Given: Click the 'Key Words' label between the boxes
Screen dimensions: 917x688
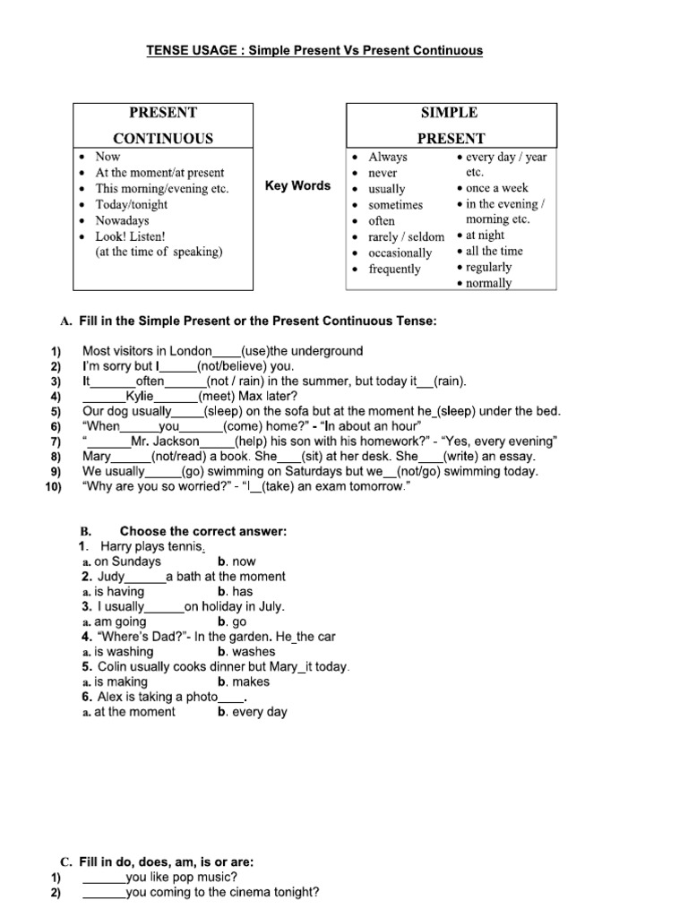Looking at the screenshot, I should (298, 186).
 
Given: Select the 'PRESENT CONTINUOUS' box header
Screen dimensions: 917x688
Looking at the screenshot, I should (163, 125).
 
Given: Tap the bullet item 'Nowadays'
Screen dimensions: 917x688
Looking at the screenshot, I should (122, 220).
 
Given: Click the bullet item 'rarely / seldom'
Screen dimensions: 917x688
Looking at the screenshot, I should (406, 236).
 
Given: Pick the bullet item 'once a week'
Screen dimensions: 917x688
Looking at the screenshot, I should (497, 188).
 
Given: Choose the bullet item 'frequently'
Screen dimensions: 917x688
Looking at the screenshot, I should (394, 269).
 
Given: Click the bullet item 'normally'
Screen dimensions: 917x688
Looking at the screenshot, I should (489, 283).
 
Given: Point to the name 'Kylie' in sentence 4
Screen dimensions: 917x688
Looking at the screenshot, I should (140, 396).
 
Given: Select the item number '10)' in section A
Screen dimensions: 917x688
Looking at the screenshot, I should (52, 487).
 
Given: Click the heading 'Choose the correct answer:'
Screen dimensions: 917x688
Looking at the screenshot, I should (203, 532).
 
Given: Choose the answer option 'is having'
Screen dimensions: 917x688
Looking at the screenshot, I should (119, 592).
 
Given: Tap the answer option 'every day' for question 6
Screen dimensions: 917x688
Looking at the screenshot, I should (260, 712).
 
